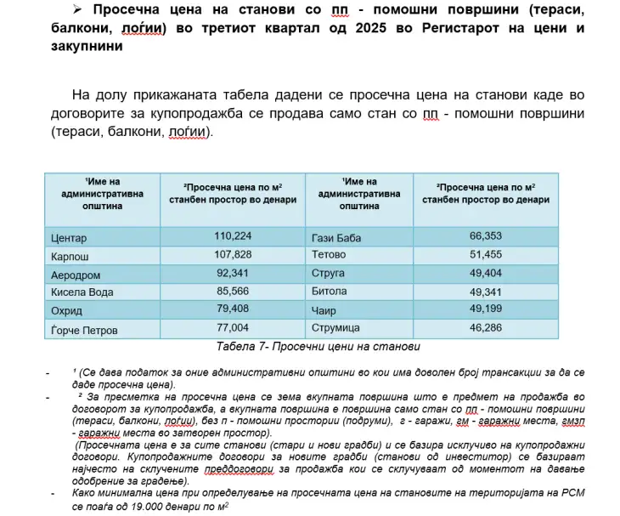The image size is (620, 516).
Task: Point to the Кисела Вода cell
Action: pos(82,292)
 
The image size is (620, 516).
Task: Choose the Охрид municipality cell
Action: pos(67,310)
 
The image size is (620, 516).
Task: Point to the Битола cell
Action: pos(330,292)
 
